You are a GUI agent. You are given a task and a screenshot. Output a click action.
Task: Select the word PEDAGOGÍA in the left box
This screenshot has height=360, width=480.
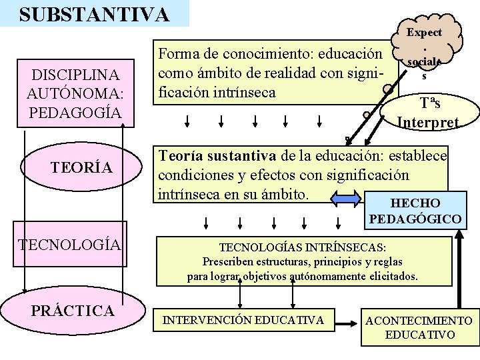pyautogui.click(x=75, y=112)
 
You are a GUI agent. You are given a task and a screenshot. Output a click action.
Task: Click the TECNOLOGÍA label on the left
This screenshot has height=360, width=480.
pyautogui.click(x=71, y=245)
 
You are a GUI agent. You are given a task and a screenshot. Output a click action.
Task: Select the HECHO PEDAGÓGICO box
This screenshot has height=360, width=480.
pyautogui.click(x=414, y=211)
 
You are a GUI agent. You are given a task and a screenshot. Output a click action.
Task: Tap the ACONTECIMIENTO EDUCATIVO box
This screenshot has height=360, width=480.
pyautogui.click(x=419, y=327)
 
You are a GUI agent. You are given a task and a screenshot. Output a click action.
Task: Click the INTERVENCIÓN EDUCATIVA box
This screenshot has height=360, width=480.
pyautogui.click(x=244, y=320)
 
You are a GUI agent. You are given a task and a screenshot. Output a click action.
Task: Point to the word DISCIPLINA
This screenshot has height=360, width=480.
pyautogui.click(x=75, y=73)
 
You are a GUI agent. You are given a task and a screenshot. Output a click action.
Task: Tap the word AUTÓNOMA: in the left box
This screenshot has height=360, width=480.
pyautogui.click(x=75, y=93)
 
